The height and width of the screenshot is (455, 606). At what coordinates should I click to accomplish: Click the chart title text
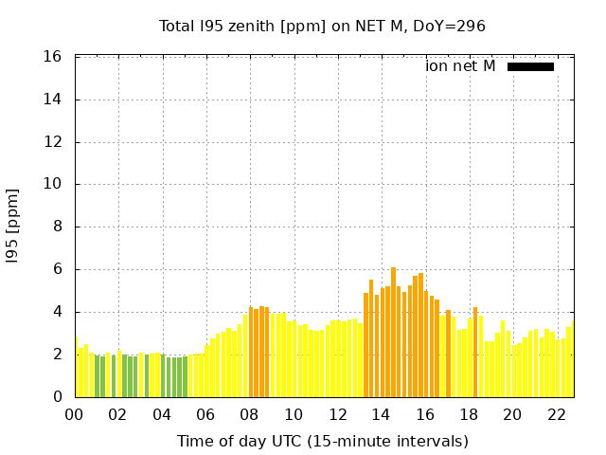click(322, 26)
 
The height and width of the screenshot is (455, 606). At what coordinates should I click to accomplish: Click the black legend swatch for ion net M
click(530, 66)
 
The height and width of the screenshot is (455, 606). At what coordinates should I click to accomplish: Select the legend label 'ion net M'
click(460, 66)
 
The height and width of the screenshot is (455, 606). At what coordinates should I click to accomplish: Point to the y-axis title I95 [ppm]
click(12, 227)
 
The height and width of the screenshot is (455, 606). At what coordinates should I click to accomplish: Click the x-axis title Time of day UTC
click(322, 441)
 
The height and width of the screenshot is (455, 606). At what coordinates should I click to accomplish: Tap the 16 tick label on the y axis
click(53, 57)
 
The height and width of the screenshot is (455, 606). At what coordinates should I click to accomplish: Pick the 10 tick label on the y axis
click(53, 185)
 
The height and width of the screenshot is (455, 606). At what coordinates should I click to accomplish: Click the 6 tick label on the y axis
click(57, 269)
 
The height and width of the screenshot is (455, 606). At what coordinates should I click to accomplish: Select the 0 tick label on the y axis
click(57, 397)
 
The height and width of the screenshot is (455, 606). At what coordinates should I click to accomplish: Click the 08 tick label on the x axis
click(249, 414)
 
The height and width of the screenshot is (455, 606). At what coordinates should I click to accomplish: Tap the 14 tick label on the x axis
click(381, 414)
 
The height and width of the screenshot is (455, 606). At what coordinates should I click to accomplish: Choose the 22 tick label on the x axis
click(556, 414)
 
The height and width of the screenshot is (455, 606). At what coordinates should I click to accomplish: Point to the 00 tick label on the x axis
click(74, 414)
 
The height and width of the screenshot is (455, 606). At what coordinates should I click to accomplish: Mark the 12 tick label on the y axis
click(53, 142)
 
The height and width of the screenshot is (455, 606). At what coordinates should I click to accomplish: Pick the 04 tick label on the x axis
click(162, 414)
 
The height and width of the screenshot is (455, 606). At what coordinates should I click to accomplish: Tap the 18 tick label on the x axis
click(469, 414)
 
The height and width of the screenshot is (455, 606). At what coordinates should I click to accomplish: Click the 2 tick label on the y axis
click(57, 355)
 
